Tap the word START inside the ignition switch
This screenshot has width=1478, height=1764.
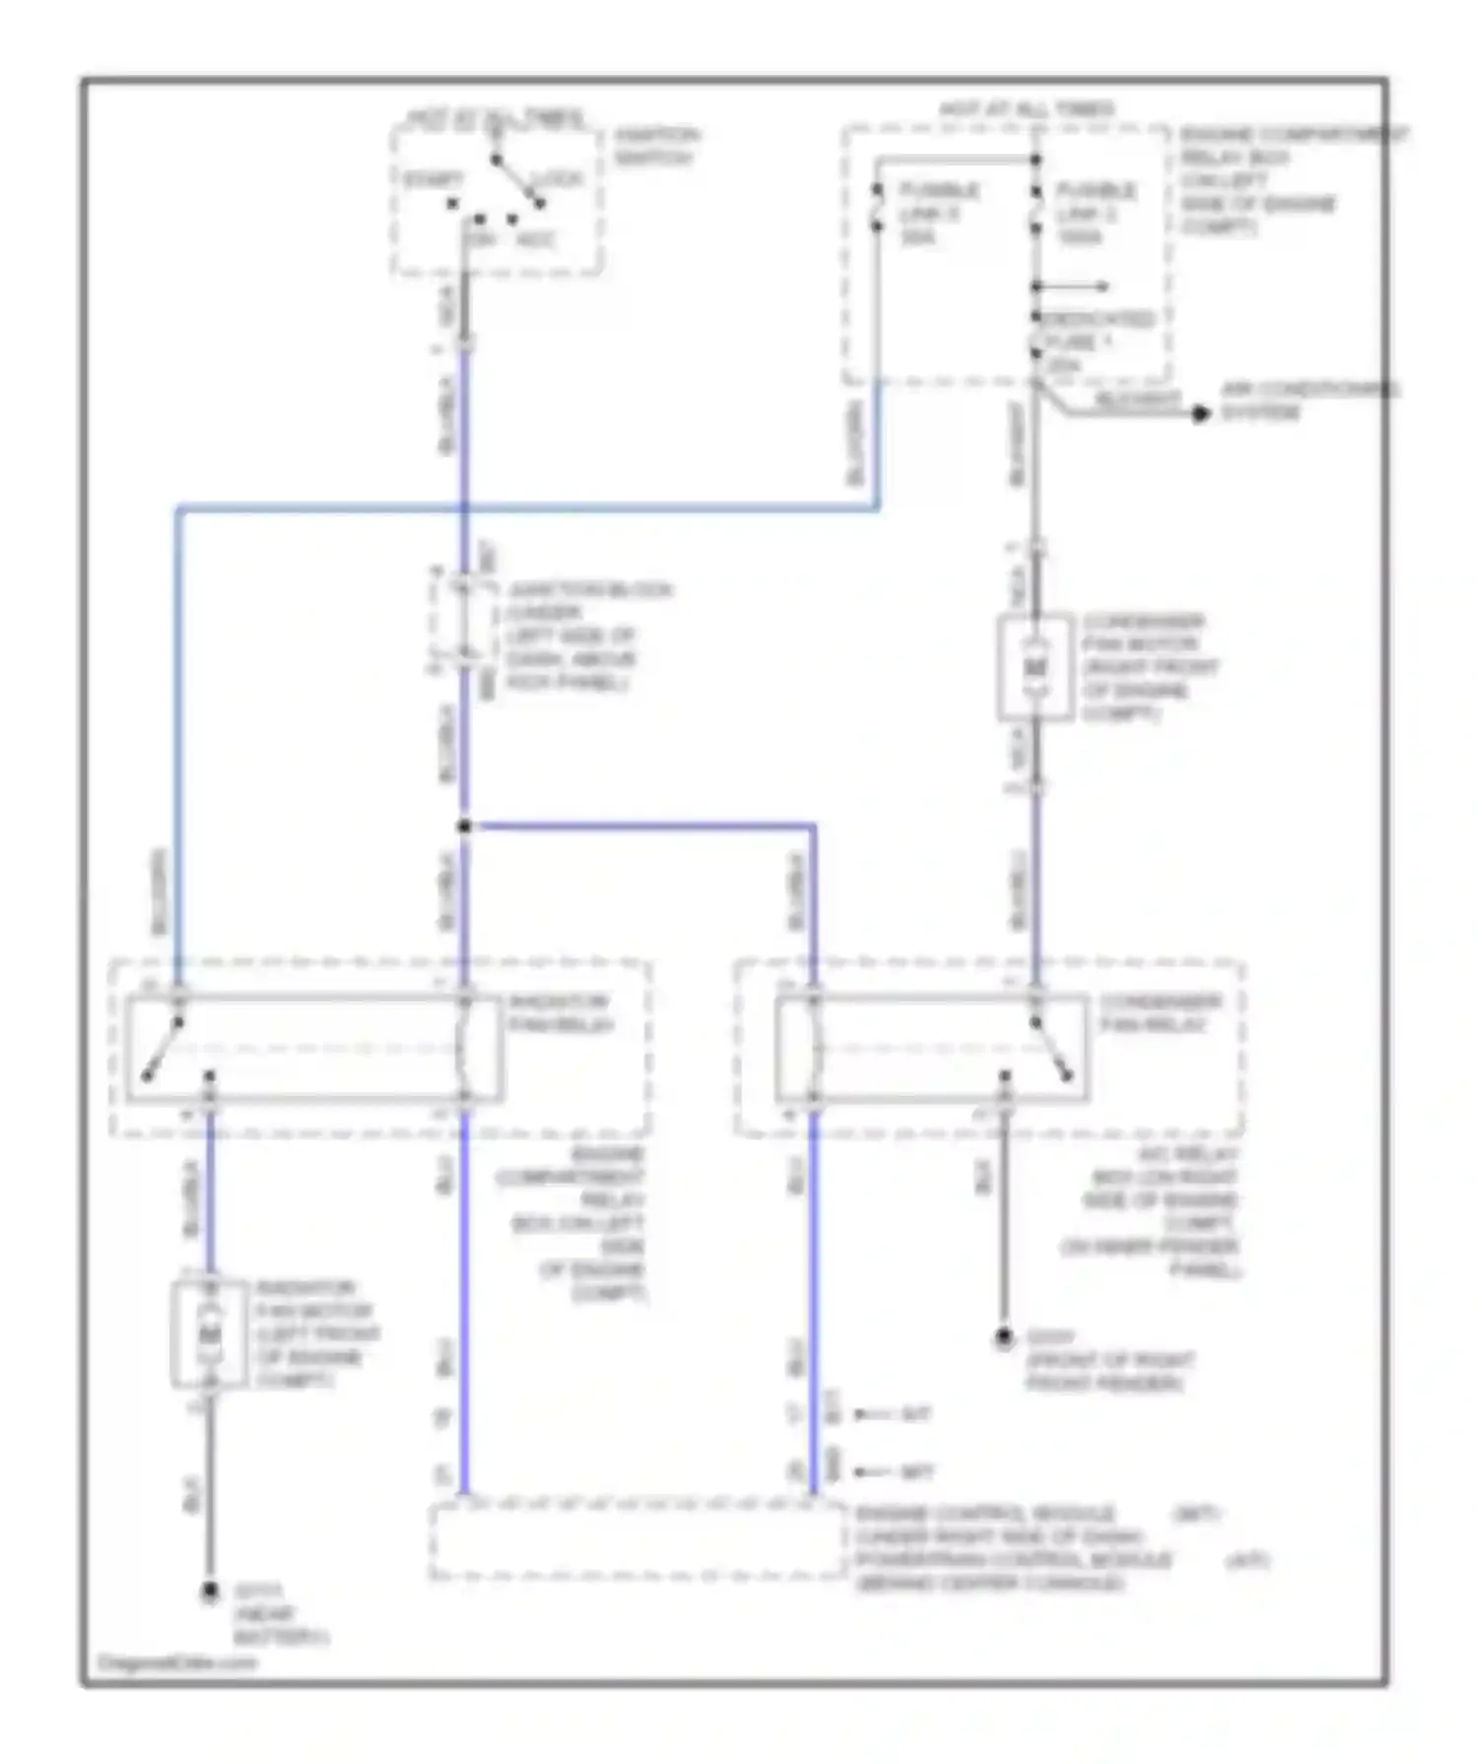tap(433, 180)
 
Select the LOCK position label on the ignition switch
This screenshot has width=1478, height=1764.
tap(557, 180)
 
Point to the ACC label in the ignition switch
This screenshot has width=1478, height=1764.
tap(537, 239)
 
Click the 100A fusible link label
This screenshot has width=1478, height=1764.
tap(1096, 213)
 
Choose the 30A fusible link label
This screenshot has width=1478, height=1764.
tap(937, 213)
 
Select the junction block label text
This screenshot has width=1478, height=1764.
tap(588, 636)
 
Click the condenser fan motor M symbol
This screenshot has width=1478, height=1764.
tap(1035, 667)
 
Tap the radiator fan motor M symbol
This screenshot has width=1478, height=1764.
tap(209, 1334)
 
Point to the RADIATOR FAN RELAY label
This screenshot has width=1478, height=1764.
tap(561, 1013)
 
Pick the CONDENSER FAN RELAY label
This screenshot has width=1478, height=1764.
tap(1160, 1013)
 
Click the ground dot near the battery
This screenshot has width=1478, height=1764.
tap(209, 1593)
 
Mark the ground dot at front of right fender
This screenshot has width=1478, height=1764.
tap(1003, 1338)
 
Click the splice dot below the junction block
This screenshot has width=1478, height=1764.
tap(464, 826)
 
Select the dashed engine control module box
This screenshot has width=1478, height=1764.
tap(636, 1541)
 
